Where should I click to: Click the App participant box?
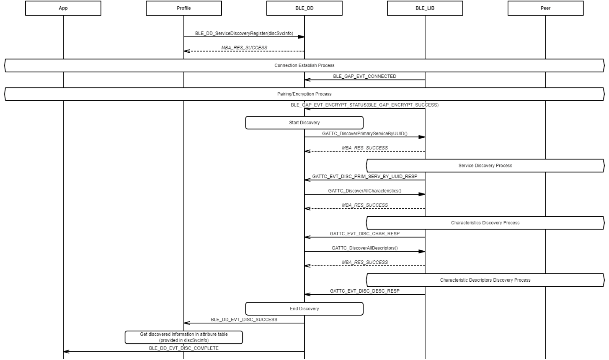click(63, 8)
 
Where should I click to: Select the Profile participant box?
click(184, 8)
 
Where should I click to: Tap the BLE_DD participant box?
click(304, 8)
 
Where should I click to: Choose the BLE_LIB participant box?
click(425, 8)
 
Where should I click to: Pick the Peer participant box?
click(546, 8)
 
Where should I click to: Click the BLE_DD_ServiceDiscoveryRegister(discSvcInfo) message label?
click(244, 33)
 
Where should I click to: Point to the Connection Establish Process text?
click(304, 65)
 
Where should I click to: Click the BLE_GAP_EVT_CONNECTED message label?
click(364, 76)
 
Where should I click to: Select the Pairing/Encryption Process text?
click(304, 94)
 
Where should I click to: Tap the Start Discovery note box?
click(304, 123)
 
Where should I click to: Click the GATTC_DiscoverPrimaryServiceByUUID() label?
click(364, 134)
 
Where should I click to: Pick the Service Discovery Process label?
click(485, 165)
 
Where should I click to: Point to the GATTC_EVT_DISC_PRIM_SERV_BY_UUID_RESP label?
click(364, 176)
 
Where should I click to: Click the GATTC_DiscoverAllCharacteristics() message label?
click(364, 190)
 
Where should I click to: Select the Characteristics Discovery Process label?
click(485, 223)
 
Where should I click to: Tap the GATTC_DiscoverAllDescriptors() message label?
click(364, 248)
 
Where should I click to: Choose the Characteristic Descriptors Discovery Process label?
click(485, 280)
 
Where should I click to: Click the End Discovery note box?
click(304, 309)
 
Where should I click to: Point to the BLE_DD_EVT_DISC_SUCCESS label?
click(244, 319)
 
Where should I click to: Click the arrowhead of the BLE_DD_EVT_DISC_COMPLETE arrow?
click(66, 352)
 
